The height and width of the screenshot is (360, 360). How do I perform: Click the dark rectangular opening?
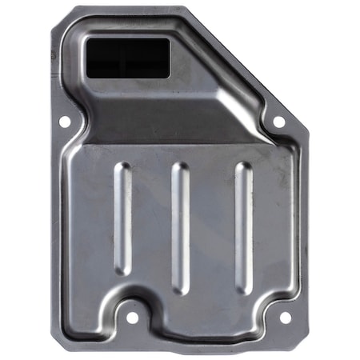(127, 58)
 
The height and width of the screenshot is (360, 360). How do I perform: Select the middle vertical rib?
(182, 228)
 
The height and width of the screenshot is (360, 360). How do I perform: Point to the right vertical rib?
(242, 227)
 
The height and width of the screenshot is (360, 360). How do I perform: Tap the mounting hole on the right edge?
(278, 122)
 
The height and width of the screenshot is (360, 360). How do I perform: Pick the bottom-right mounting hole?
(285, 317)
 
